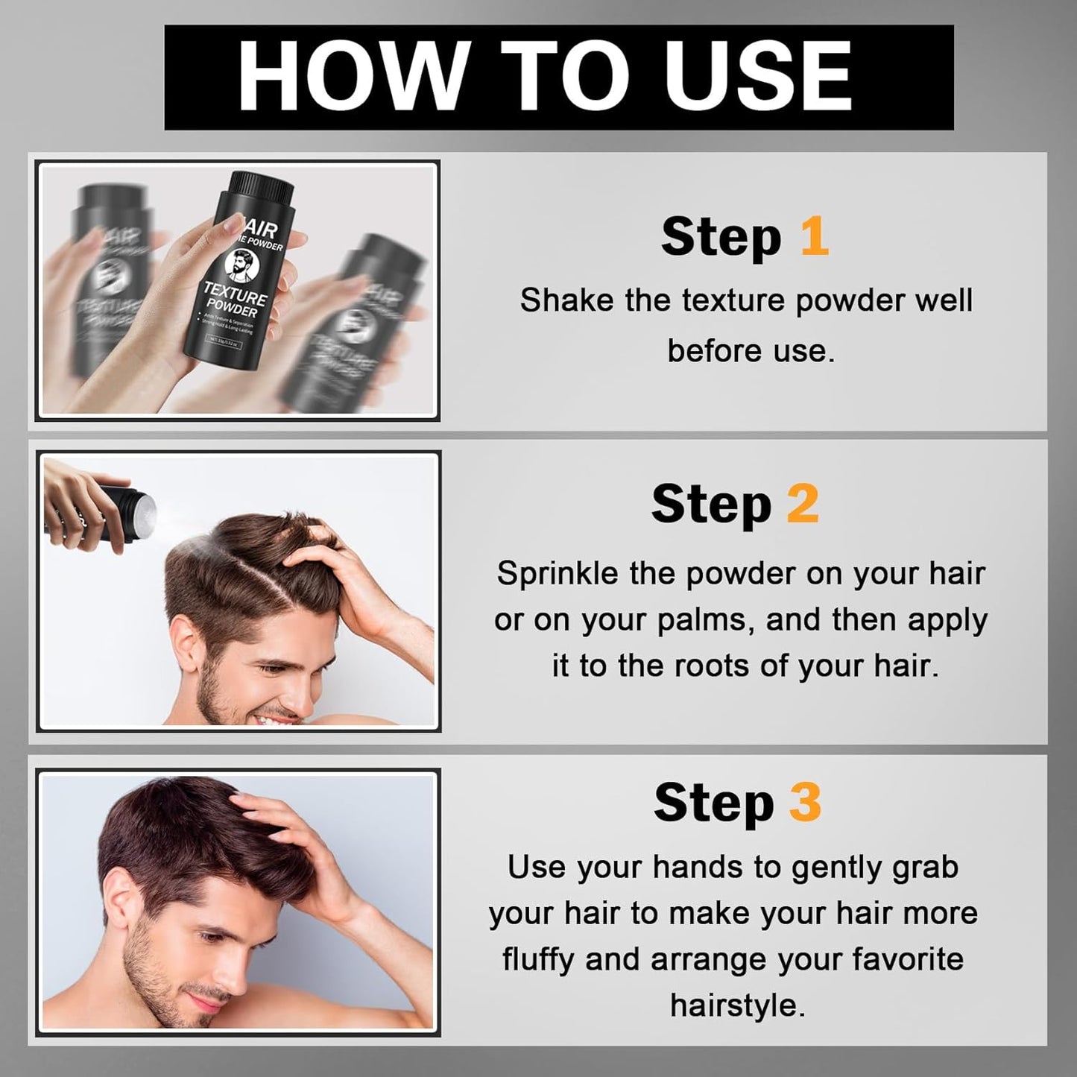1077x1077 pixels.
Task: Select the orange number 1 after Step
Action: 814,236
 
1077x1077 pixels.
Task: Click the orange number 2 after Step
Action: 803,505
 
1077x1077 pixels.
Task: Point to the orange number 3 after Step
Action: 805,803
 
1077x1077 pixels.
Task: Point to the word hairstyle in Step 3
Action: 736,1005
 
